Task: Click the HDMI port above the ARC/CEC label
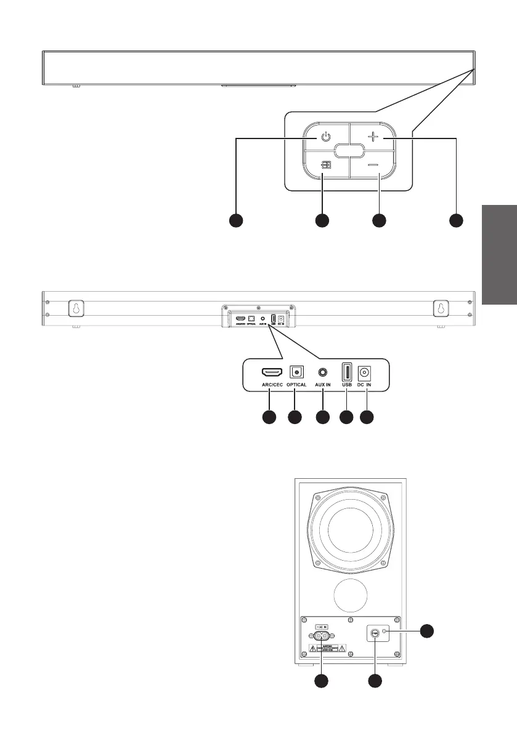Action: tap(272, 372)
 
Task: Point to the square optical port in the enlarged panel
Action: tap(296, 372)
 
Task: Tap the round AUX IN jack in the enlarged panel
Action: tap(322, 372)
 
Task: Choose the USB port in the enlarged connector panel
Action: tap(346, 372)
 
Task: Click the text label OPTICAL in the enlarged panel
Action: tap(296, 385)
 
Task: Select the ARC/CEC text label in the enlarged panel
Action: tap(272, 385)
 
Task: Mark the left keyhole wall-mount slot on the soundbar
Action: tap(75, 308)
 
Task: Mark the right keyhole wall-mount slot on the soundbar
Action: tap(441, 308)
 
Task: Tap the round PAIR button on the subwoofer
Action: tap(373, 633)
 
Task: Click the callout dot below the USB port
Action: tap(346, 417)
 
